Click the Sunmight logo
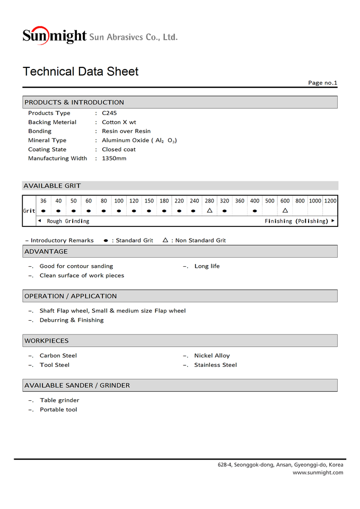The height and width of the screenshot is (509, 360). pyautogui.click(x=54, y=36)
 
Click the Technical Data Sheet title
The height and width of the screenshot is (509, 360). pyautogui.click(x=81, y=72)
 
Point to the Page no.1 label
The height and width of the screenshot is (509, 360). pyautogui.click(x=322, y=83)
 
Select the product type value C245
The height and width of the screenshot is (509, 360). pyautogui.click(x=109, y=113)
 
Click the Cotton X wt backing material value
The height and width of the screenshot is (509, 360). pyautogui.click(x=119, y=122)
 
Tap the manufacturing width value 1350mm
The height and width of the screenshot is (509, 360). pyautogui.click(x=114, y=158)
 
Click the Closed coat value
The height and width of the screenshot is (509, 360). pyautogui.click(x=119, y=149)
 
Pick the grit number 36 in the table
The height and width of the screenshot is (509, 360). pyautogui.click(x=43, y=201)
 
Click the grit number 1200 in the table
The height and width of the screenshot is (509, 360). pyautogui.click(x=330, y=201)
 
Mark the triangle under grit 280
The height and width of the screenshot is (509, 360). pyautogui.click(x=209, y=210)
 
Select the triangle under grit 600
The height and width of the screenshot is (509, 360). pyautogui.click(x=285, y=210)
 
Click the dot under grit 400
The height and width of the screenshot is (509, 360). pyautogui.click(x=255, y=211)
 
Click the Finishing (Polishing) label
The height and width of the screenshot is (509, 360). pyautogui.click(x=296, y=221)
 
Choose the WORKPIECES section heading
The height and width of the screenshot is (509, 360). pyautogui.click(x=47, y=340)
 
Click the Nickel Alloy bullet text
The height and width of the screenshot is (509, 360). pyautogui.click(x=212, y=355)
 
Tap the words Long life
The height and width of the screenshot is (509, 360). pyautogui.click(x=207, y=266)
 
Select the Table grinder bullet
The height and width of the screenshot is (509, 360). pyautogui.click(x=59, y=400)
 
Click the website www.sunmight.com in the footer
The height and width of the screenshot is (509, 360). pyautogui.click(x=318, y=472)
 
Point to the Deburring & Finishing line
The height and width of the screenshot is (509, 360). pyautogui.click(x=72, y=320)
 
